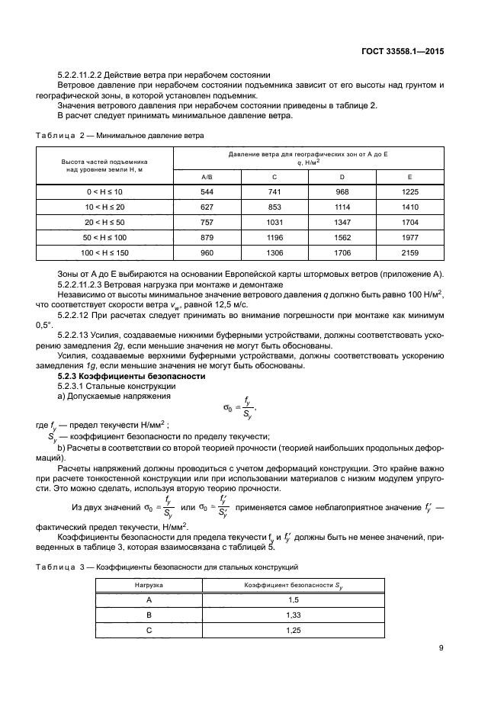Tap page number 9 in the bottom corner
click(x=441, y=649)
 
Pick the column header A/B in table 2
click(x=207, y=176)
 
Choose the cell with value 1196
click(x=274, y=236)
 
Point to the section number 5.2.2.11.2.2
click(x=84, y=75)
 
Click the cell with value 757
click(x=207, y=221)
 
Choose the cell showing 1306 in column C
click(x=274, y=251)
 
